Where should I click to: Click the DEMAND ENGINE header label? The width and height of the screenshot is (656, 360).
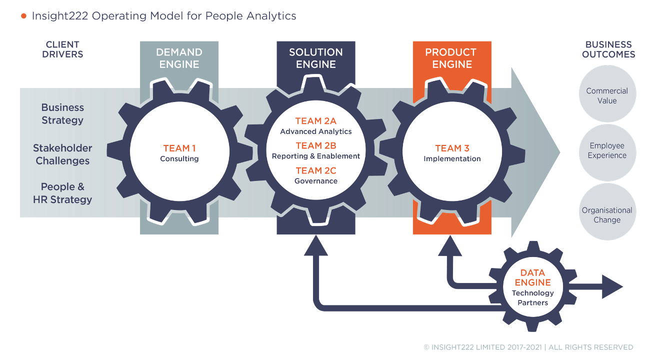point(179,58)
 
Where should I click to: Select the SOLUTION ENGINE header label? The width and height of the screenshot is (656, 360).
point(315,58)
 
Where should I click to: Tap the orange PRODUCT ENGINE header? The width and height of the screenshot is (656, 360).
point(452,58)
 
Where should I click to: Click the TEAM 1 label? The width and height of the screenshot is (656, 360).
point(179,148)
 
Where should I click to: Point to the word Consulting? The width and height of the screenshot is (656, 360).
point(179,159)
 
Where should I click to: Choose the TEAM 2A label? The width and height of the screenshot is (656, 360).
point(315,121)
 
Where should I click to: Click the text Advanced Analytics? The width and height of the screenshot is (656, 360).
point(315,132)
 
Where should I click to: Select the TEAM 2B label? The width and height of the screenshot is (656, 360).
point(315,145)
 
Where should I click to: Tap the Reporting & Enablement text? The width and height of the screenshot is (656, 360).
point(315,156)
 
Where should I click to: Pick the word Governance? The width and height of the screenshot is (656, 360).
point(315,181)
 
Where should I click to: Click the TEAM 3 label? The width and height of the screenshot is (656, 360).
point(452,148)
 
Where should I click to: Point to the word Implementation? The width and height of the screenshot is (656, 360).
point(452,159)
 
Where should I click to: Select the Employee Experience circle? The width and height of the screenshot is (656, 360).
point(607,150)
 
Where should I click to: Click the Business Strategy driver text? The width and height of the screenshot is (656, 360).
point(62,114)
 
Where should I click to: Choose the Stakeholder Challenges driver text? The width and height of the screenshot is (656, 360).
point(62,154)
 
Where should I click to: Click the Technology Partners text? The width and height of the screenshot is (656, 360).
point(532,298)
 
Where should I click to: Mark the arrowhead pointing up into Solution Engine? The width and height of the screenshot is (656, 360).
point(315,245)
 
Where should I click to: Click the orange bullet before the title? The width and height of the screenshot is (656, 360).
point(23,16)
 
